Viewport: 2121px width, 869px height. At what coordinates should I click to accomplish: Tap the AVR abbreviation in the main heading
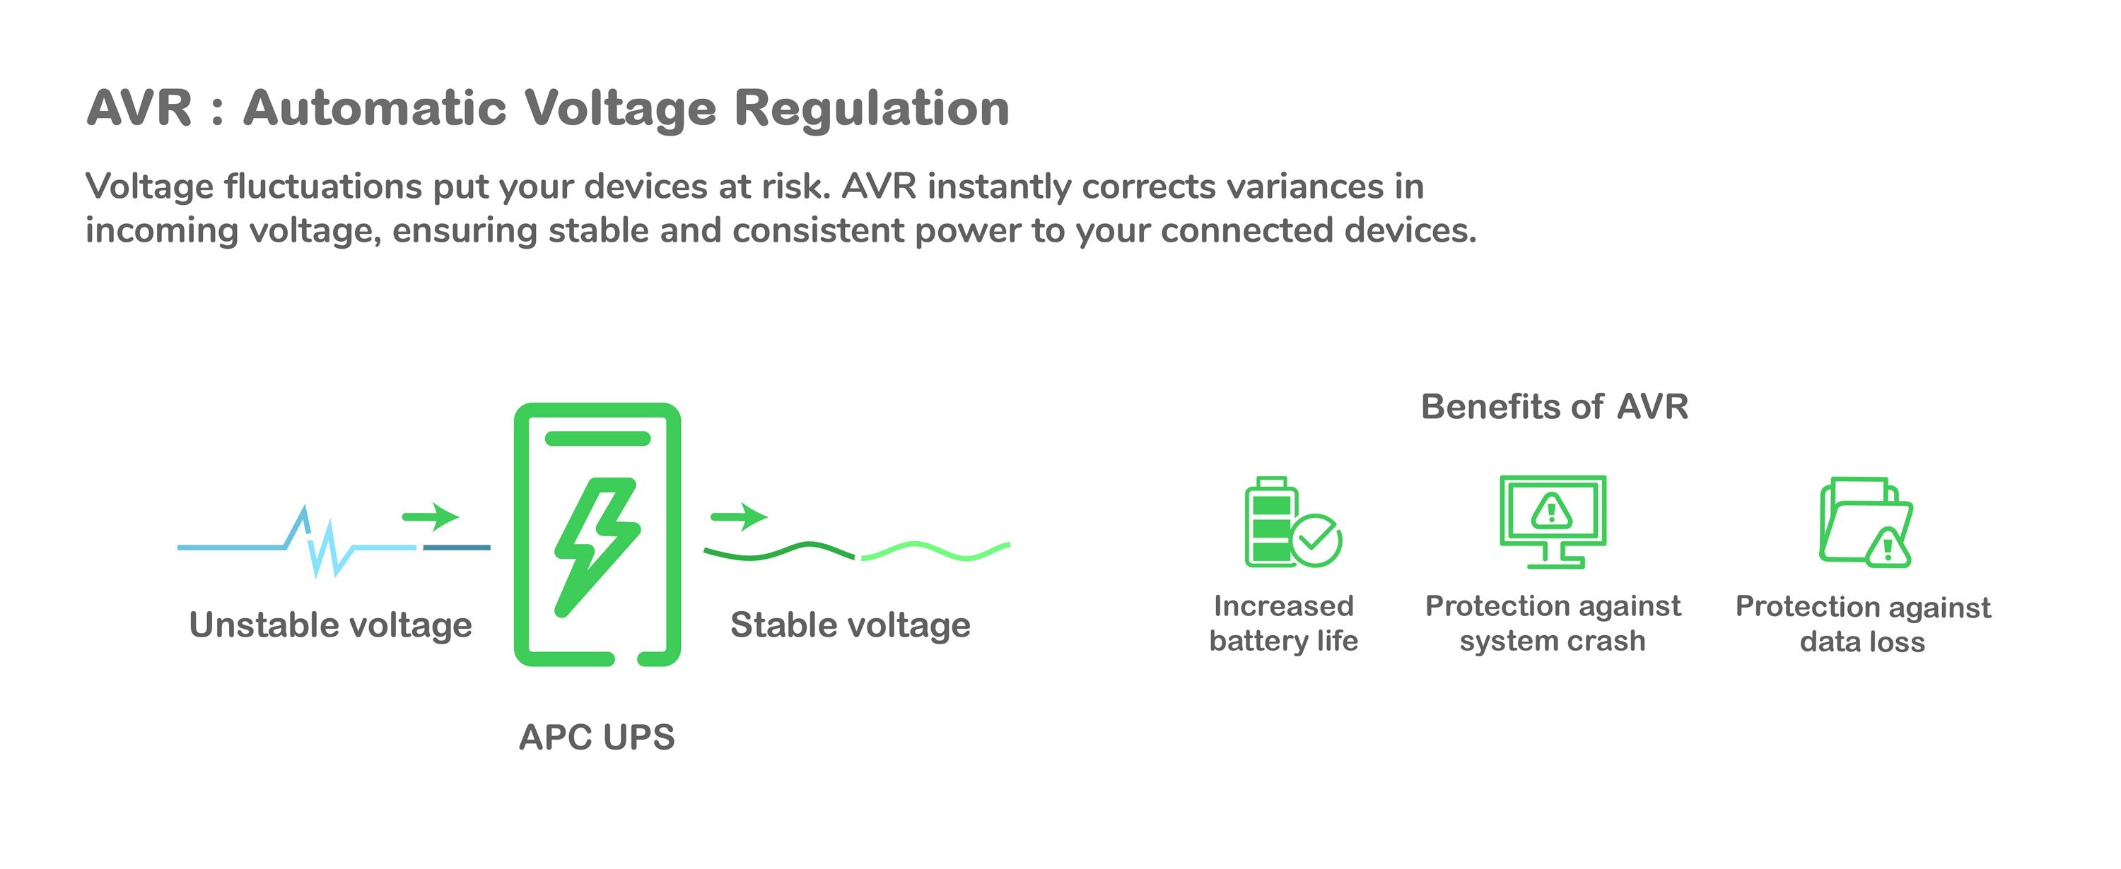pyautogui.click(x=139, y=109)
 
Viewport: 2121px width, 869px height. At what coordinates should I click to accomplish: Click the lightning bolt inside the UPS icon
pyautogui.click(x=597, y=543)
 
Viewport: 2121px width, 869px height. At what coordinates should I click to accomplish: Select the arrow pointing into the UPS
pyautogui.click(x=430, y=516)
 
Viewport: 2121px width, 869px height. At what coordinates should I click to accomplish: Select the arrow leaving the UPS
pyautogui.click(x=739, y=516)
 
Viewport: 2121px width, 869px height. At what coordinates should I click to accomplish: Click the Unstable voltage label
pyautogui.click(x=330, y=625)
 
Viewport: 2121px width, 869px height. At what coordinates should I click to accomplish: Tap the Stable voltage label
pyautogui.click(x=850, y=625)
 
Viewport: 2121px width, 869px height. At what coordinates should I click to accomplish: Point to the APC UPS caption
pyautogui.click(x=596, y=738)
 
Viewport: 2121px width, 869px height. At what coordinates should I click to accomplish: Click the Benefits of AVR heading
pyautogui.click(x=1554, y=406)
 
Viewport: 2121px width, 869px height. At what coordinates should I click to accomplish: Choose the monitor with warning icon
pyautogui.click(x=1552, y=520)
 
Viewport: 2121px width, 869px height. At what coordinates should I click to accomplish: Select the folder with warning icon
pyautogui.click(x=1865, y=521)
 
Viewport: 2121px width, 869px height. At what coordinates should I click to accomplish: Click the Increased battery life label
pyautogui.click(x=1282, y=623)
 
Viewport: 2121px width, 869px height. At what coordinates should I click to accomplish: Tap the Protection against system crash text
pyautogui.click(x=1552, y=623)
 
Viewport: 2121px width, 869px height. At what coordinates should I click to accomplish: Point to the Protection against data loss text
pyautogui.click(x=1862, y=624)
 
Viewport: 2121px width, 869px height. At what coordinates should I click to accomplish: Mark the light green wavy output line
pyautogui.click(x=935, y=550)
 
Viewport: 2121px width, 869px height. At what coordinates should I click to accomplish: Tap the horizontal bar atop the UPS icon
pyautogui.click(x=597, y=438)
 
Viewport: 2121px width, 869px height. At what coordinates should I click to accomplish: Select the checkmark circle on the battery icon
pyautogui.click(x=1316, y=540)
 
